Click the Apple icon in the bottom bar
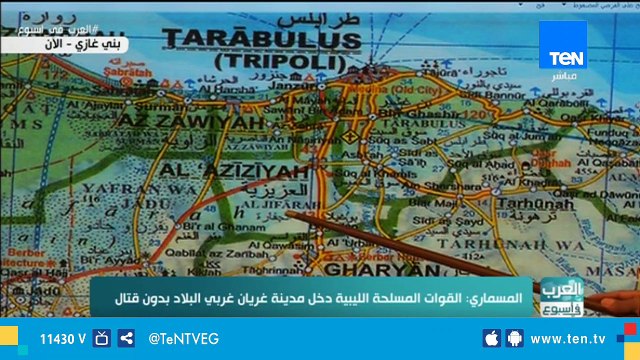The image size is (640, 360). [x=490, y=339]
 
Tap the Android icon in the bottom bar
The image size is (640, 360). [x=516, y=339]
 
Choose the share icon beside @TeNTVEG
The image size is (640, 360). [x=126, y=339]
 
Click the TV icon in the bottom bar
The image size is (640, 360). [x=101, y=339]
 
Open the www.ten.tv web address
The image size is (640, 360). [x=581, y=339]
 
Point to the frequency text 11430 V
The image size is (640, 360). [x=62, y=339]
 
